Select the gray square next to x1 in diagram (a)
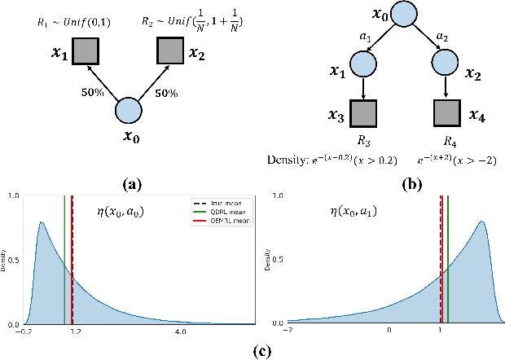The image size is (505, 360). (85, 52)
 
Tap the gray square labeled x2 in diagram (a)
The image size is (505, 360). (170, 52)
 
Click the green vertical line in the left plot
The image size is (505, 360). (64, 261)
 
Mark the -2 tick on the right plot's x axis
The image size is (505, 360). (287, 332)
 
